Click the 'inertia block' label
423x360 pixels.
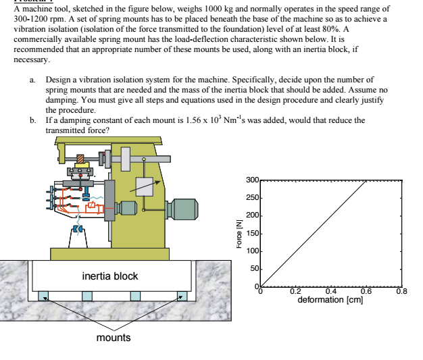[109, 276]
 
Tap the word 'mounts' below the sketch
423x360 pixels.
[113, 337]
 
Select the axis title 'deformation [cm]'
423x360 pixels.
[330, 299]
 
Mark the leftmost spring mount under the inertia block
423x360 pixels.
[43, 294]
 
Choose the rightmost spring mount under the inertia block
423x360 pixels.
[181, 294]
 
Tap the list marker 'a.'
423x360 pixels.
[33, 80]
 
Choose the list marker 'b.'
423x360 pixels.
[33, 120]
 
